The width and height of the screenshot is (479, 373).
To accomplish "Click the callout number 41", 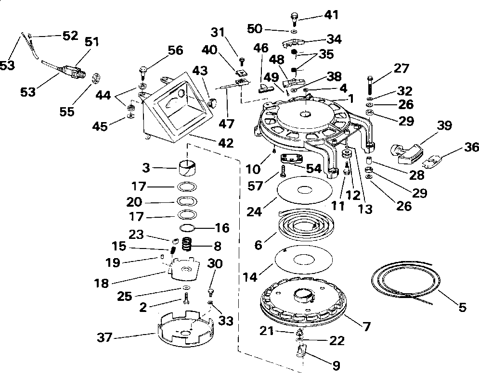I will pos(331,15).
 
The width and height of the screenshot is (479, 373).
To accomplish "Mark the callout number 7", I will pos(366,327).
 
